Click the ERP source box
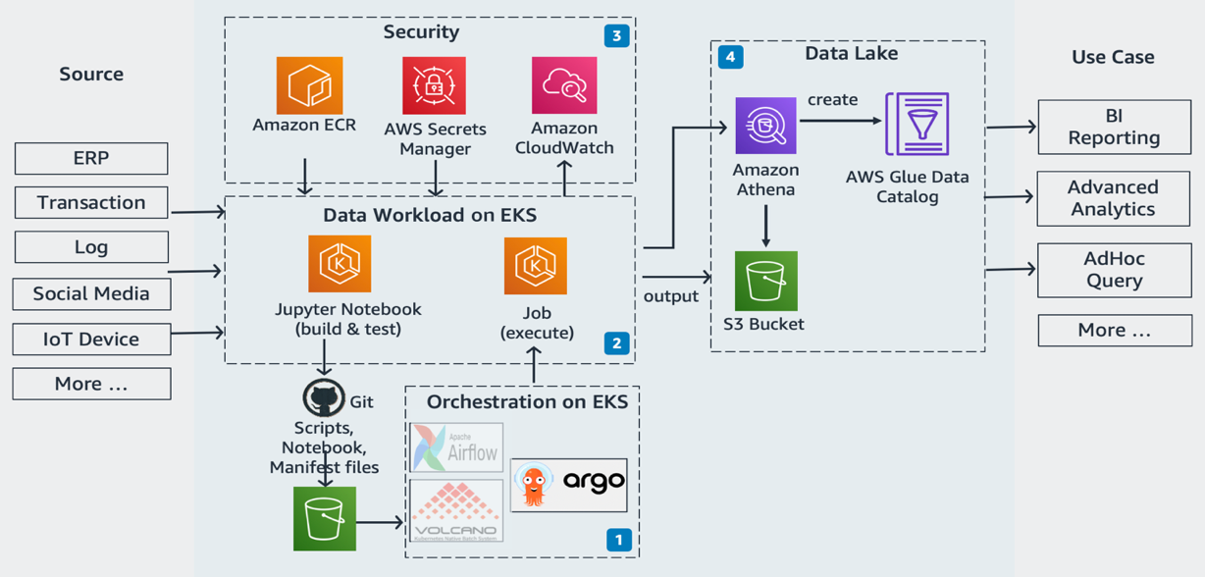[x=91, y=158]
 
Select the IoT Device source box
[x=91, y=340]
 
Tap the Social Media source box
[x=91, y=293]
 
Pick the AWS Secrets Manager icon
[x=434, y=86]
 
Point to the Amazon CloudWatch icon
[x=564, y=86]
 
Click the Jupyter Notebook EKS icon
[x=340, y=265]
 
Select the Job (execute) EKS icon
[x=536, y=266]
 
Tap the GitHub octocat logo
[x=324, y=398]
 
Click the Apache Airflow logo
[x=456, y=447]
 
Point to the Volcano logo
[x=456, y=510]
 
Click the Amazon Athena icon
[x=765, y=126]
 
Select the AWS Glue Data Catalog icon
[x=917, y=125]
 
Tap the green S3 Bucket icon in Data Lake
[x=765, y=281]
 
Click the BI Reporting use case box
[x=1114, y=128]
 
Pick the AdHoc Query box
[x=1114, y=270]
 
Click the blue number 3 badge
[x=616, y=36]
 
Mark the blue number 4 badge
[x=730, y=57]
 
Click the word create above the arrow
[x=832, y=100]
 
